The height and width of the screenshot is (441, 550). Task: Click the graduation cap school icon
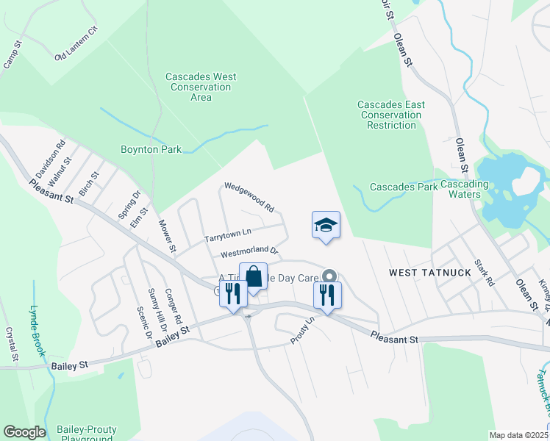pos(326,226)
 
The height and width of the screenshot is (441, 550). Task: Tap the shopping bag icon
pos(253,278)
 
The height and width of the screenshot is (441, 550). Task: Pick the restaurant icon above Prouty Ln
pos(326,295)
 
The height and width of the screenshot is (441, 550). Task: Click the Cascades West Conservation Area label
pos(200,87)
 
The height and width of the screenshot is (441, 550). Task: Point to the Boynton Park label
pos(151,149)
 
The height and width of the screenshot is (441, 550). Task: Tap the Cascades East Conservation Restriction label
pos(391,115)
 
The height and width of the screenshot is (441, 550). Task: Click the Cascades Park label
pos(403,187)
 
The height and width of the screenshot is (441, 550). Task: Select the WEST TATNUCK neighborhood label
pos(422,273)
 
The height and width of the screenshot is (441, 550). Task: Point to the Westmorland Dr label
pos(249,252)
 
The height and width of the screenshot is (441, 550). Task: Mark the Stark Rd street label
pos(485,273)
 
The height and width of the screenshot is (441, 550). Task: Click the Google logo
pos(24,432)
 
